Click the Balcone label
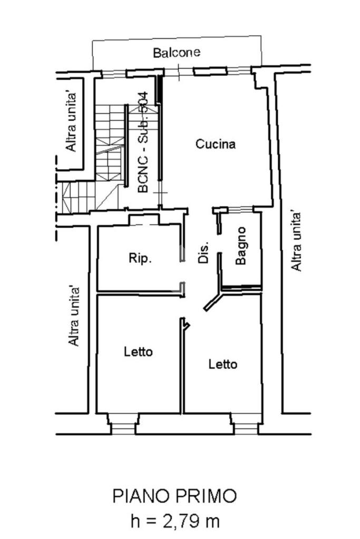[177, 53]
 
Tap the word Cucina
[216, 144]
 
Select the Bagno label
[241, 246]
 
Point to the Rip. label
[140, 258]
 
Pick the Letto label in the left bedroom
[138, 351]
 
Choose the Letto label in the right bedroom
[223, 364]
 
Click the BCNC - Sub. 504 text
[143, 142]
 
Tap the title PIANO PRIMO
[174, 496]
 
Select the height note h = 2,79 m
[175, 521]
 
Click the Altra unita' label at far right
[296, 241]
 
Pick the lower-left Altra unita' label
[74, 316]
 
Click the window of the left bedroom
[123, 428]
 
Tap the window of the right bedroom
[246, 428]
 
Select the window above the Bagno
[240, 209]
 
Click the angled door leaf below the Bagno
[213, 302]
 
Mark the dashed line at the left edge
[56, 198]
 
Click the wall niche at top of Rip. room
[144, 220]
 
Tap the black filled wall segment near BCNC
[159, 90]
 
